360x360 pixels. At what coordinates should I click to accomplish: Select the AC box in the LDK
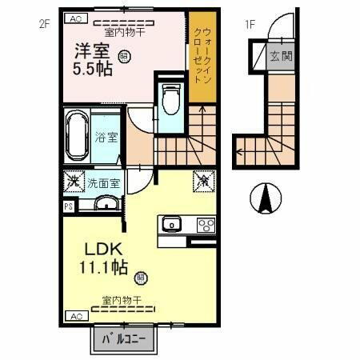75,316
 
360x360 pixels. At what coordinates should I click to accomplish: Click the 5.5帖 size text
88,68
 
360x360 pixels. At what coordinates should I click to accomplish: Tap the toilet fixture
170,100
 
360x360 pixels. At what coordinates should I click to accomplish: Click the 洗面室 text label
103,182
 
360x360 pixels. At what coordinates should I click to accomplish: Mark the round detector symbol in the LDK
142,278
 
